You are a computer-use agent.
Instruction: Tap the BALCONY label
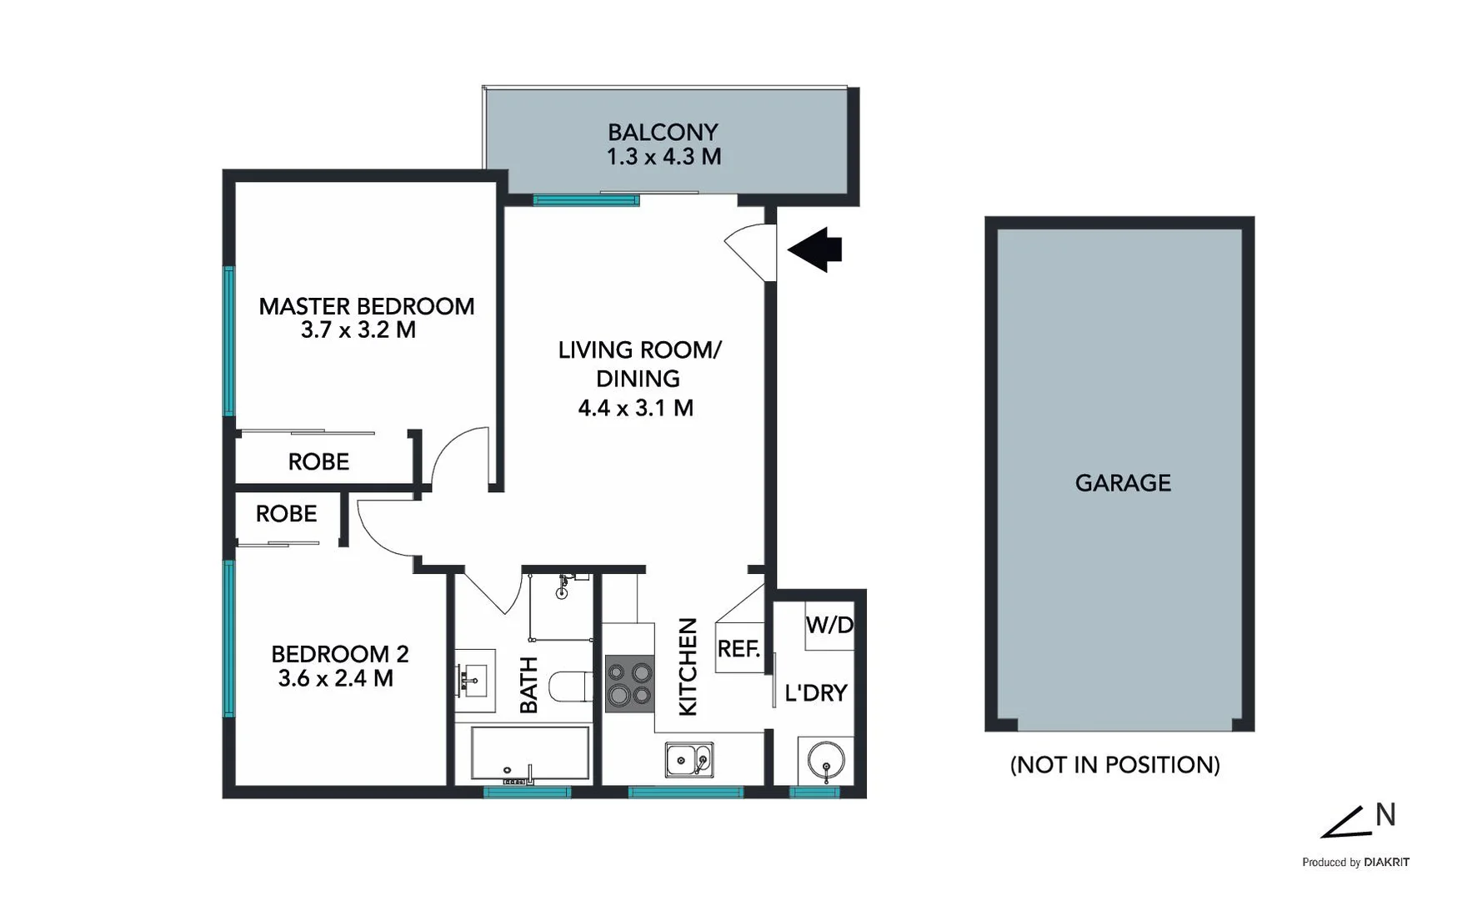[663, 132]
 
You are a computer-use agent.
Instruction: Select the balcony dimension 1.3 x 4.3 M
[663, 157]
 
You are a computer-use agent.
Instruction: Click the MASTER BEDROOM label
[366, 306]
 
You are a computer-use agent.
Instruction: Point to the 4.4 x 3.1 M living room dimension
[635, 408]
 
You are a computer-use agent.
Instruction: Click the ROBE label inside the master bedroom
[318, 461]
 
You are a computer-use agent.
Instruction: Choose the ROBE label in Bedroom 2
[286, 514]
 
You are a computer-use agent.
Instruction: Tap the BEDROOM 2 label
[339, 653]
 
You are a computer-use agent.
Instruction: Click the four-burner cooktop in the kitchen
[629, 683]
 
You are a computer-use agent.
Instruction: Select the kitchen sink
[688, 759]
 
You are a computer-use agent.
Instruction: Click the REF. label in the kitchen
[738, 648]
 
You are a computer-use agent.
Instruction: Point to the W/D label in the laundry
[829, 624]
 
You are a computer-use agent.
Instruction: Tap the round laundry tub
[825, 762]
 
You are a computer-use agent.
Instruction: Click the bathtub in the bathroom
[529, 753]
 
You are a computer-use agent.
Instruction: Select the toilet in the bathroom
[575, 686]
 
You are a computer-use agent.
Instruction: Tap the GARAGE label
[1123, 482]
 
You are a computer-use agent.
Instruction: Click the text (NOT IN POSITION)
[1114, 764]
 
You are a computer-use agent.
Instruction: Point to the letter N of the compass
[1384, 814]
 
